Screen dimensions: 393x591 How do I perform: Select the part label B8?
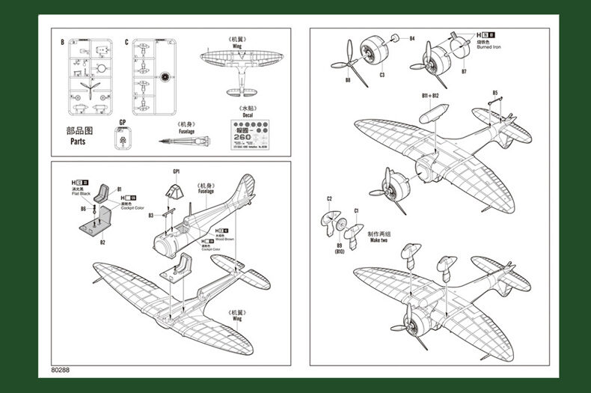347,80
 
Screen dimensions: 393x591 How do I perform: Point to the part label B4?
411,38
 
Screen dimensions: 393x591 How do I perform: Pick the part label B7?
464,72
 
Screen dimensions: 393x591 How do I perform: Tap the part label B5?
494,93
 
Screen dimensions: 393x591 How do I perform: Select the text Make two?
379,240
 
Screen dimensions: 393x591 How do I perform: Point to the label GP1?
176,171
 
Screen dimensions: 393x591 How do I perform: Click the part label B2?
102,242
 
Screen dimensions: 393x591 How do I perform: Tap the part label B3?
151,216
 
